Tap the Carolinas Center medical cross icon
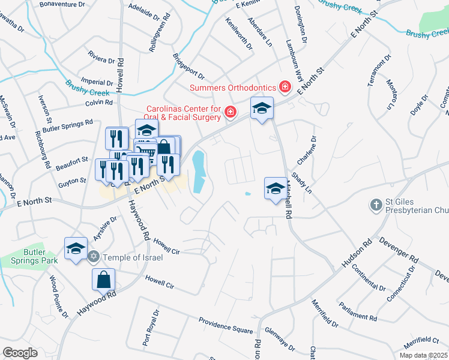[229, 112]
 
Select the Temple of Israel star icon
[93, 257]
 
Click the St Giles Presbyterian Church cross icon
[376, 205]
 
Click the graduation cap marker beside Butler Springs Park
[76, 248]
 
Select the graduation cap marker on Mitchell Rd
[276, 188]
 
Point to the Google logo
[20, 353]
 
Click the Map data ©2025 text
[423, 355]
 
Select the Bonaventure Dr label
[62, 4]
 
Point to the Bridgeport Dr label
[188, 68]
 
